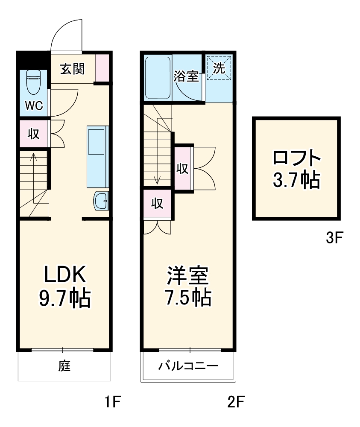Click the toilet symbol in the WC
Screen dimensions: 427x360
[33, 82]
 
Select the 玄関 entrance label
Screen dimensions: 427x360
[71, 69]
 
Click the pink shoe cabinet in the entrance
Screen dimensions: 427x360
[102, 68]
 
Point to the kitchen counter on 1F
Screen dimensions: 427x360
[97, 156]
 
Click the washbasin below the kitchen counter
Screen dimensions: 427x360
[101, 201]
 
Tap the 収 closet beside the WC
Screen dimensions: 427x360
[33, 134]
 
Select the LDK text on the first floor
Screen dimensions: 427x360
[66, 275]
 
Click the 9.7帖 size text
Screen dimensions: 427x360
[65, 298]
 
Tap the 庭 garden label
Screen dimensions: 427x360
[64, 366]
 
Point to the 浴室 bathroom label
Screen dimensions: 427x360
[186, 77]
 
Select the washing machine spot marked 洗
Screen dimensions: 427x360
[219, 68]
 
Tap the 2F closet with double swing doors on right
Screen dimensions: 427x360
[183, 168]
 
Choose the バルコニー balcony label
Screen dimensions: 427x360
[188, 366]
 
